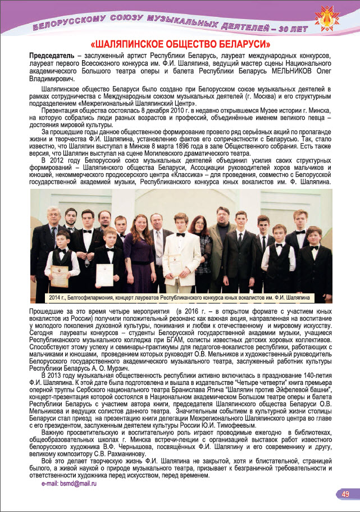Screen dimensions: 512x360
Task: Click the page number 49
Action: pyautogui.click(x=345, y=494)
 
